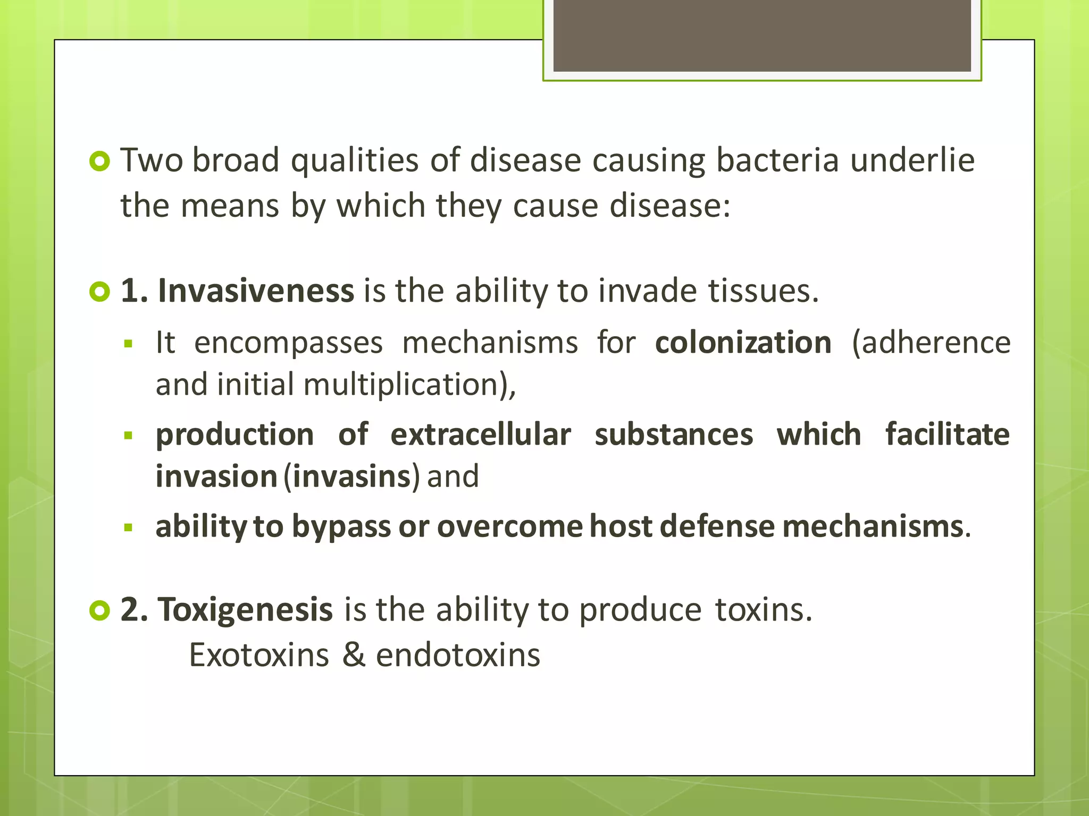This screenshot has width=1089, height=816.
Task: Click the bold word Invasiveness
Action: [256, 291]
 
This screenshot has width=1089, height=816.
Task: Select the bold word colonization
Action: [743, 342]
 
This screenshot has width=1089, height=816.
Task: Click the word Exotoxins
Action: [259, 655]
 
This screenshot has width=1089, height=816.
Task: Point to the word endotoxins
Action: [458, 655]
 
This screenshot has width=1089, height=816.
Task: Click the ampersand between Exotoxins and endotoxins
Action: [353, 655]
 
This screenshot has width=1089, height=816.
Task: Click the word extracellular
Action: [481, 435]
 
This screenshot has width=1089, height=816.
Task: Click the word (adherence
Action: [931, 342]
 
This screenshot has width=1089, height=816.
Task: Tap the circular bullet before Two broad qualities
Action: [99, 161]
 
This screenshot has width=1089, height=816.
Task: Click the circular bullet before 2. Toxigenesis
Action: [99, 610]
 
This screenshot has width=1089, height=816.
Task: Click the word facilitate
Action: [947, 435]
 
